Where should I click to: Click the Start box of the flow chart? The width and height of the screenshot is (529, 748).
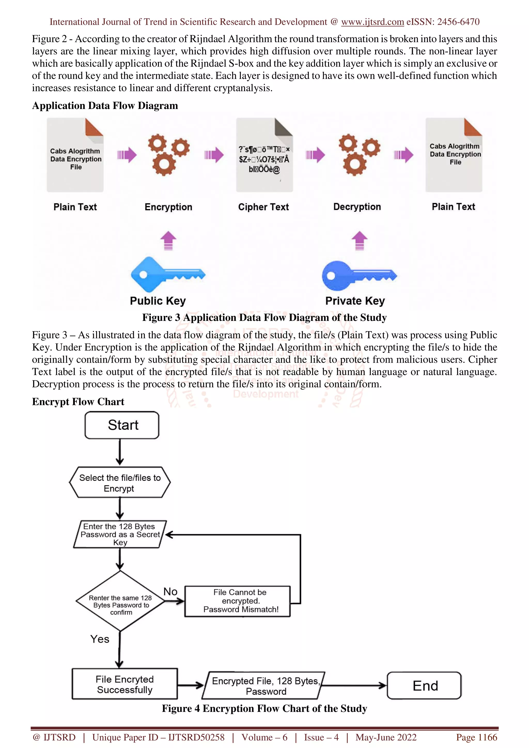[122, 425]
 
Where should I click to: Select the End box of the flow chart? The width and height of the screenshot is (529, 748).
[424, 686]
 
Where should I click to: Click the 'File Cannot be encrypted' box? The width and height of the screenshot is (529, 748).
[237, 601]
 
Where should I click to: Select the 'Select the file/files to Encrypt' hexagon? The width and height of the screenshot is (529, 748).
[120, 482]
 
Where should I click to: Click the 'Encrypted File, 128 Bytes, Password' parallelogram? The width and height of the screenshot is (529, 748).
[263, 686]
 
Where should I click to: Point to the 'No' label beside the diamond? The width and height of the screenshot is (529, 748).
[170, 592]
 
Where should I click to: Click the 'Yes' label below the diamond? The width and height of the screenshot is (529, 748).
[100, 639]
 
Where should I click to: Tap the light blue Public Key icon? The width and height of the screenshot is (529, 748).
[168, 274]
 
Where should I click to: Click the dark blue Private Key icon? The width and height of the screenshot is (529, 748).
[359, 276]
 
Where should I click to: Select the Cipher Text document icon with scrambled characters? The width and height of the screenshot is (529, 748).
[264, 155]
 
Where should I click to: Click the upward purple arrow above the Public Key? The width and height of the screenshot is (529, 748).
[168, 241]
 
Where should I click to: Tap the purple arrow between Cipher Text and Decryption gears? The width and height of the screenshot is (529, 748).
[315, 155]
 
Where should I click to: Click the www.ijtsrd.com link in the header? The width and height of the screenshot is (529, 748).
[372, 22]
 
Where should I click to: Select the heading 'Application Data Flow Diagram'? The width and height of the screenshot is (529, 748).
[105, 106]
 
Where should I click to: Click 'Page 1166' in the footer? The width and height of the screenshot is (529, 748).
[477, 737]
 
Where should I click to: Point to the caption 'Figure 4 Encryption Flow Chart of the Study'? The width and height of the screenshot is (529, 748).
[264, 709]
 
